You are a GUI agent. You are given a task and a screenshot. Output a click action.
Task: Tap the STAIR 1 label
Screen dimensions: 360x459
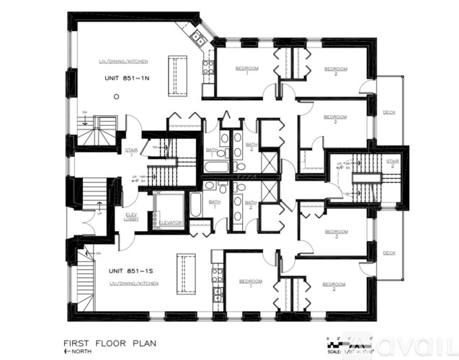[132, 150]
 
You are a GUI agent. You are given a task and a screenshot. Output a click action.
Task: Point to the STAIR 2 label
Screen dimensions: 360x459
[393, 163]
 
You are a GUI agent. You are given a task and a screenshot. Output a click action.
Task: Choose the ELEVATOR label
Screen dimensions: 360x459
[171, 222]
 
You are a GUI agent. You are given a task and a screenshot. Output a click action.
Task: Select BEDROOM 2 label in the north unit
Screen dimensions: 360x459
[335, 71]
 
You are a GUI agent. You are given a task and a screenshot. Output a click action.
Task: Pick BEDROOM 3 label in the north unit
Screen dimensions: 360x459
[335, 118]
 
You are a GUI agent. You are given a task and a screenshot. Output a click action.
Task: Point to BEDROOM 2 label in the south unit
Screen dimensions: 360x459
[334, 286]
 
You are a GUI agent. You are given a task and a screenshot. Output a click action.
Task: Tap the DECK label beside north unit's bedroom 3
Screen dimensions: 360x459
[389, 112]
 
